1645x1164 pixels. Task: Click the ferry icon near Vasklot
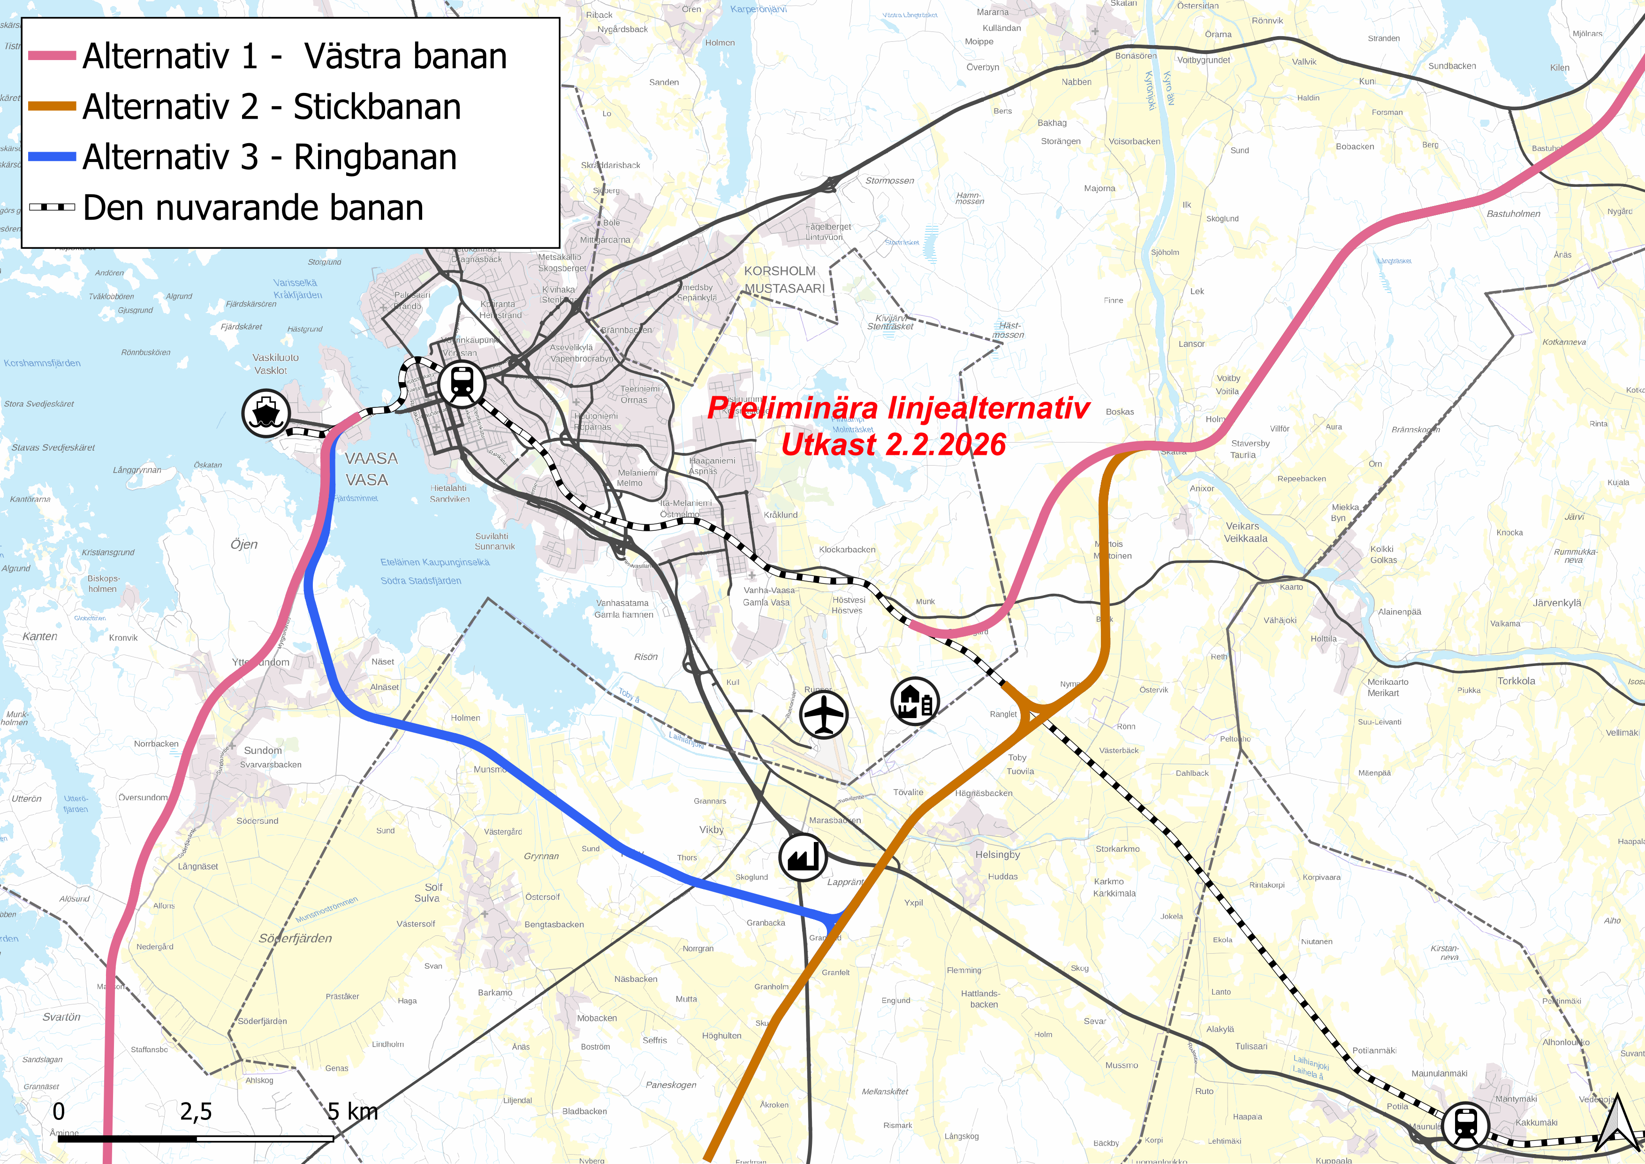[x=266, y=414]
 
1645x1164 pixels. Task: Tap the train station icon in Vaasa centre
[x=462, y=384]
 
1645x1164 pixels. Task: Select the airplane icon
[x=824, y=715]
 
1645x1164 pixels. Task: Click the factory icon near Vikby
[x=803, y=857]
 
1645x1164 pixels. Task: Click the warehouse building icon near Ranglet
[x=915, y=701]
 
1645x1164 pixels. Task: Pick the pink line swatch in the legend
[x=52, y=56]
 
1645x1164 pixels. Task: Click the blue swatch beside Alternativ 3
[x=52, y=157]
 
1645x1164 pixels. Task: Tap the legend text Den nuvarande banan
[x=253, y=208]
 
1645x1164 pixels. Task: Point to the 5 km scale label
[x=353, y=1112]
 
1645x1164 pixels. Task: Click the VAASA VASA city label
[x=371, y=469]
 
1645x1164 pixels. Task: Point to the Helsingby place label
[x=997, y=854]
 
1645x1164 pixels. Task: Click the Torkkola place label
[x=1516, y=681]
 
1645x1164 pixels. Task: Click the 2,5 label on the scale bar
[x=196, y=1112]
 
